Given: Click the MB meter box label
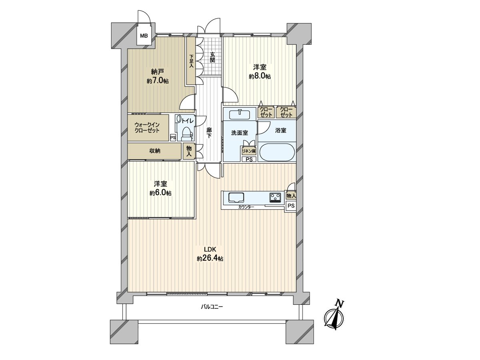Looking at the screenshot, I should (144, 36).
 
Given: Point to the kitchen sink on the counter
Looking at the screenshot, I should (236, 197).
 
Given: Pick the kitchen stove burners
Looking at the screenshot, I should (275, 197).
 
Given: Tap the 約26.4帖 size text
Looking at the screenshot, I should (210, 258).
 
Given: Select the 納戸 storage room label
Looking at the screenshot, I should (157, 72).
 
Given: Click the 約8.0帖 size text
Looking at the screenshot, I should (260, 76).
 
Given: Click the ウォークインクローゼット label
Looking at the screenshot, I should (147, 128).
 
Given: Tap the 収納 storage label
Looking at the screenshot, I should (155, 151).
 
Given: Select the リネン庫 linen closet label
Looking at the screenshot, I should (249, 151).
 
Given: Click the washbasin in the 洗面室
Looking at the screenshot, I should (240, 114).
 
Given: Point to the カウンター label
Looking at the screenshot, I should (246, 207).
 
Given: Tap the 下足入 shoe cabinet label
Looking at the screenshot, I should (191, 61).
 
